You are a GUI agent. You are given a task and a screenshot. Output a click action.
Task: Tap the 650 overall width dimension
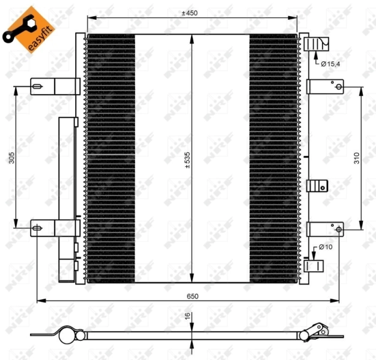pyautogui.click(x=192, y=296)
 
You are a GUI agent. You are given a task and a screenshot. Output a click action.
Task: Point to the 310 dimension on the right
pyautogui.click(x=356, y=158)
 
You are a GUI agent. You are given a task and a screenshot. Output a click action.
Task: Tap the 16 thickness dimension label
pyautogui.click(x=187, y=317)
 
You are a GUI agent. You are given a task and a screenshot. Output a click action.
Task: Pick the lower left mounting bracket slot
pyautogui.click(x=37, y=228)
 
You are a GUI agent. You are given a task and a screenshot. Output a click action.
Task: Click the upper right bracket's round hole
pyautogui.click(x=339, y=88)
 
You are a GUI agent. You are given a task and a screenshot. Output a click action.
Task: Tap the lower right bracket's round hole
pyautogui.click(x=339, y=229)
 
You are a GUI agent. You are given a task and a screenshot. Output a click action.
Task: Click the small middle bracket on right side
pyautogui.click(x=317, y=185)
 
